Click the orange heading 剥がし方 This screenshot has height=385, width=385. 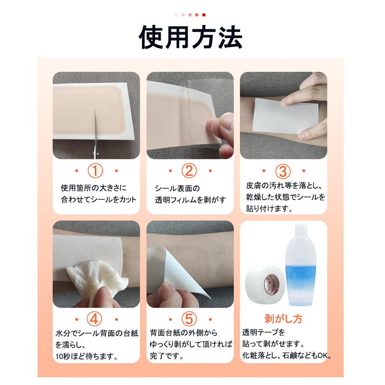[283, 319]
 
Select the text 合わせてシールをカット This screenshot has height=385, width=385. [99, 199]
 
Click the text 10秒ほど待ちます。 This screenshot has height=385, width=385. [87, 357]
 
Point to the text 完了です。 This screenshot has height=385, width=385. [166, 357]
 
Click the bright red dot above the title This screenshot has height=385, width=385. [204, 15]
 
